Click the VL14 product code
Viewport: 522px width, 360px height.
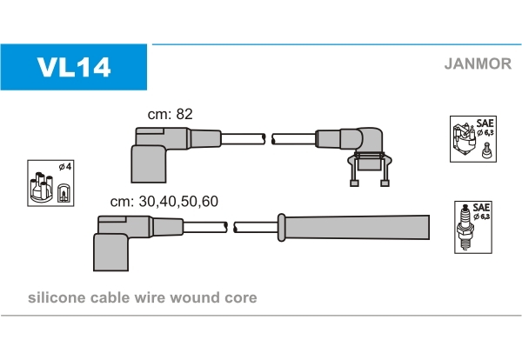click(73, 66)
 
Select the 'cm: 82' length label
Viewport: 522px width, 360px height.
click(169, 114)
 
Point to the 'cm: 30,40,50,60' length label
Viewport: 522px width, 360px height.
click(164, 201)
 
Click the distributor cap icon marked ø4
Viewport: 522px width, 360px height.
click(50, 183)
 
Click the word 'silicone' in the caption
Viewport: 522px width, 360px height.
click(57, 298)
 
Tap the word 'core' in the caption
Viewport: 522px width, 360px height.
click(240, 298)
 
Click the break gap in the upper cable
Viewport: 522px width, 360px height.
click(268, 138)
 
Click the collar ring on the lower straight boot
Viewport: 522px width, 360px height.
click(280, 227)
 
